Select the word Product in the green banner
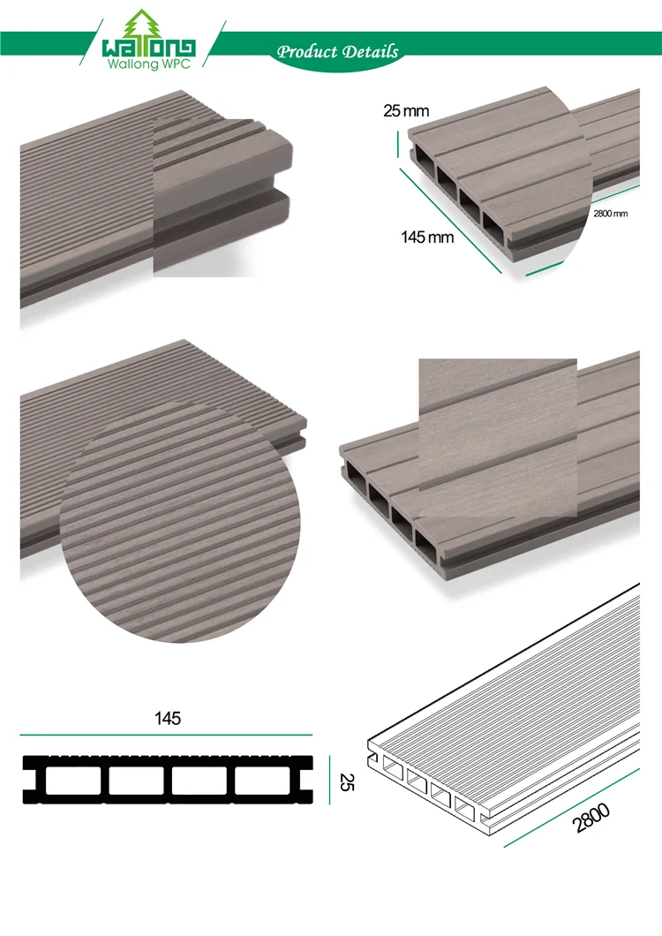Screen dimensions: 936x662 pos(306,51)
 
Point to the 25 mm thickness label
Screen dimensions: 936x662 pos(405,111)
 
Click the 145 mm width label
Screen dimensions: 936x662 pos(427,237)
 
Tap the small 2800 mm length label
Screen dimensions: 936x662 pos(609,214)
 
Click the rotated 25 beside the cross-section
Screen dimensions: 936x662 pos(345,781)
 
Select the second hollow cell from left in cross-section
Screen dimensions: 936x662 pos(136,781)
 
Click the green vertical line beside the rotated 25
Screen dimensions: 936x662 pos(330,781)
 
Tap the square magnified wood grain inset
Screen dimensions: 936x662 pos(497,437)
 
